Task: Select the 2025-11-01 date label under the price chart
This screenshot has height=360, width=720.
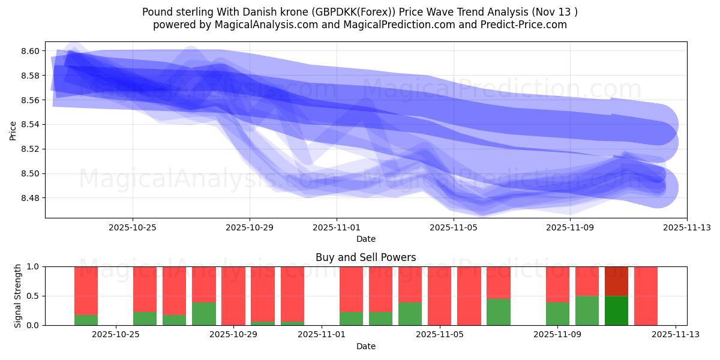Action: [337, 227]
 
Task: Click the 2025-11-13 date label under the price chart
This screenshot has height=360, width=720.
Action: [687, 227]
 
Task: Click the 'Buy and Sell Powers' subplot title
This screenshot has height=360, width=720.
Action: [365, 257]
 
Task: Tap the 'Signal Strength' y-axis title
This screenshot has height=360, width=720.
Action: [18, 296]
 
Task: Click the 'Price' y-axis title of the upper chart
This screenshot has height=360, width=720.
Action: [13, 130]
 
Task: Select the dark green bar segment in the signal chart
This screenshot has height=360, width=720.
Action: [616, 310]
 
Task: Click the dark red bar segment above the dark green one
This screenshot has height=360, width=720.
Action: [616, 281]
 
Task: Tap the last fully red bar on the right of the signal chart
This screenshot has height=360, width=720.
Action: [646, 296]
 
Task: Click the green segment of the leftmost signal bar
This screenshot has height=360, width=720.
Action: [86, 320]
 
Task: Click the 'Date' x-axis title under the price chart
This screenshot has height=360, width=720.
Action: [365, 239]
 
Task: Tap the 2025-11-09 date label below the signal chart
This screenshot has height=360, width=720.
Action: [557, 334]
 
